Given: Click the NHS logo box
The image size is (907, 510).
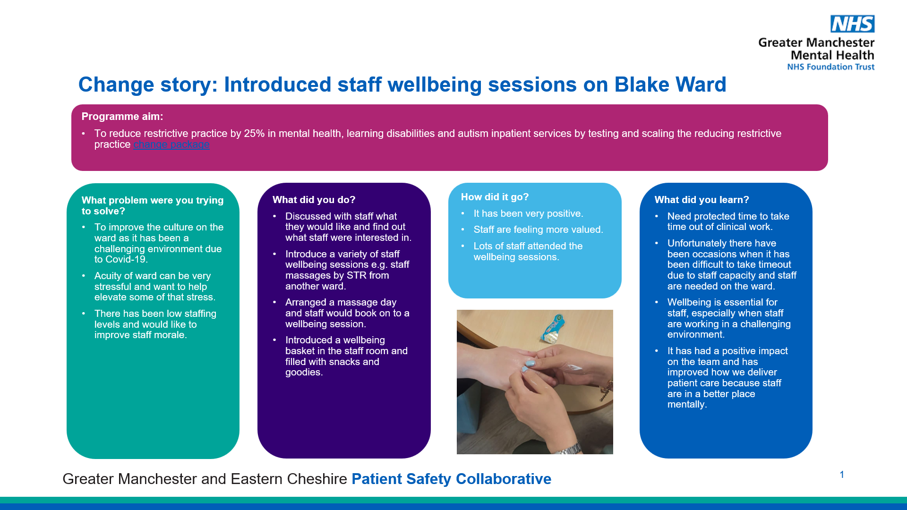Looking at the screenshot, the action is pos(853,24).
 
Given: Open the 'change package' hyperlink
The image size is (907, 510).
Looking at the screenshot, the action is pos(171,144).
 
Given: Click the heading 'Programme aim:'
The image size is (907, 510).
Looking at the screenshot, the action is pos(122,117).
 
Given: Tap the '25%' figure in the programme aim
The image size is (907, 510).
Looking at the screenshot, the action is pos(254,134).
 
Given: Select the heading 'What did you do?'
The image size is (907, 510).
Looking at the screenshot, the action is pos(314,200).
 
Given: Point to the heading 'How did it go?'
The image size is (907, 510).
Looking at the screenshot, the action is pos(495,197).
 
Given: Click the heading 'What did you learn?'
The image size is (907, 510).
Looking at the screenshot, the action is pos(702,200).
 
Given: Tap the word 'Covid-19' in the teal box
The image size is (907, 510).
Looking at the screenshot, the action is pos(127,259).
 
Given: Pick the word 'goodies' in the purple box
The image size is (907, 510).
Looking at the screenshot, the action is pos(303,373).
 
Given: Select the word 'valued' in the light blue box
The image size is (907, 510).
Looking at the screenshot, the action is pos(587,229).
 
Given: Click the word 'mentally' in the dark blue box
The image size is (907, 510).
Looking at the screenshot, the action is pos(687,405).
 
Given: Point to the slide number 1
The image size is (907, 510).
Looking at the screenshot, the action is pos(842,475).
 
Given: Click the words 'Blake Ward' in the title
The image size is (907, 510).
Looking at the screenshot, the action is pos(670,85).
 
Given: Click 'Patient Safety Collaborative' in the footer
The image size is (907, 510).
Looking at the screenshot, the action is pos(451,479).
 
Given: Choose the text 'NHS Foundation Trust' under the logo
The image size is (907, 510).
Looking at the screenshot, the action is pos(830,67).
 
